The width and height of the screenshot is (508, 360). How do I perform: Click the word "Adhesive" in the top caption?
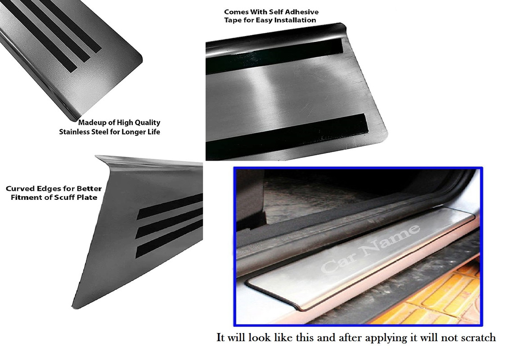click(303, 12)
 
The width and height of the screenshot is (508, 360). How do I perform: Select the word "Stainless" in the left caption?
click(75, 132)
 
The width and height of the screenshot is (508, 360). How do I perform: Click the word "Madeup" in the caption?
click(90, 123)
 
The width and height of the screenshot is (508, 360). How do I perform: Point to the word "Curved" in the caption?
click(18, 189)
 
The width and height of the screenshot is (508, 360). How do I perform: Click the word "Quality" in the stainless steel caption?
click(148, 123)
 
